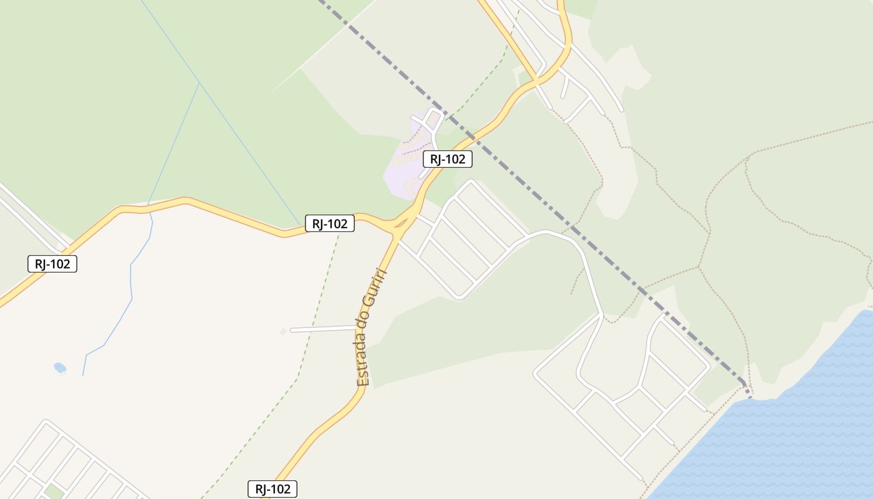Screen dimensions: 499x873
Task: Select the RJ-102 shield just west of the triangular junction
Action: point(330,223)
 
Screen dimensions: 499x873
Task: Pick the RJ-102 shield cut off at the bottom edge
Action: point(273,489)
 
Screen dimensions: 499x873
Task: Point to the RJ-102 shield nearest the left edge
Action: point(52,264)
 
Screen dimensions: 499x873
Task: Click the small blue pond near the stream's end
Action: point(60,367)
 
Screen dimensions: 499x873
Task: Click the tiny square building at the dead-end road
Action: point(283,331)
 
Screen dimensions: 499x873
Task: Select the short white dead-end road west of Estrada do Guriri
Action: point(321,329)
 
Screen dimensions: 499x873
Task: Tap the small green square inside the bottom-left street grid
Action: point(54,492)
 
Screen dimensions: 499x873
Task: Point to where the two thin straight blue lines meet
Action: point(200,83)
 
